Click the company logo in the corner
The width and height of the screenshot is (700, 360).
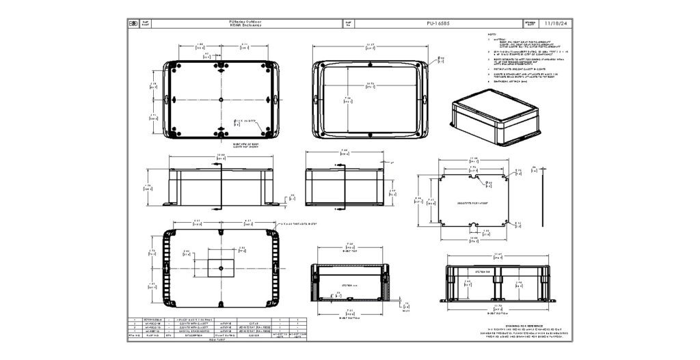pos(133,23)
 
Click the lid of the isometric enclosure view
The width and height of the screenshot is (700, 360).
pos(491,104)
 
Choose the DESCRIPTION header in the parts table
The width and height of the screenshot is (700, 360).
pos(187,335)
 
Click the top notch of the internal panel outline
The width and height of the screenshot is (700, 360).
pos(473,178)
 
